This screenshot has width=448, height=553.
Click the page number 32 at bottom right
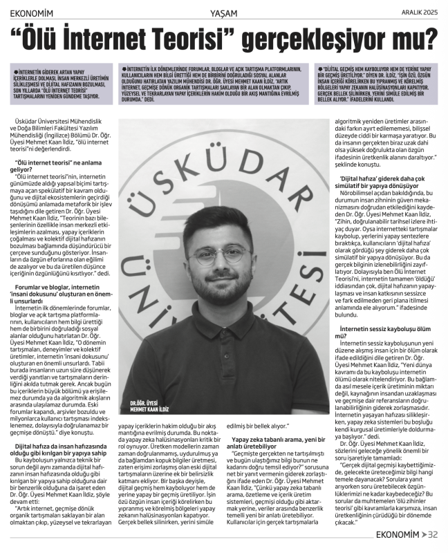pos(433,534)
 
